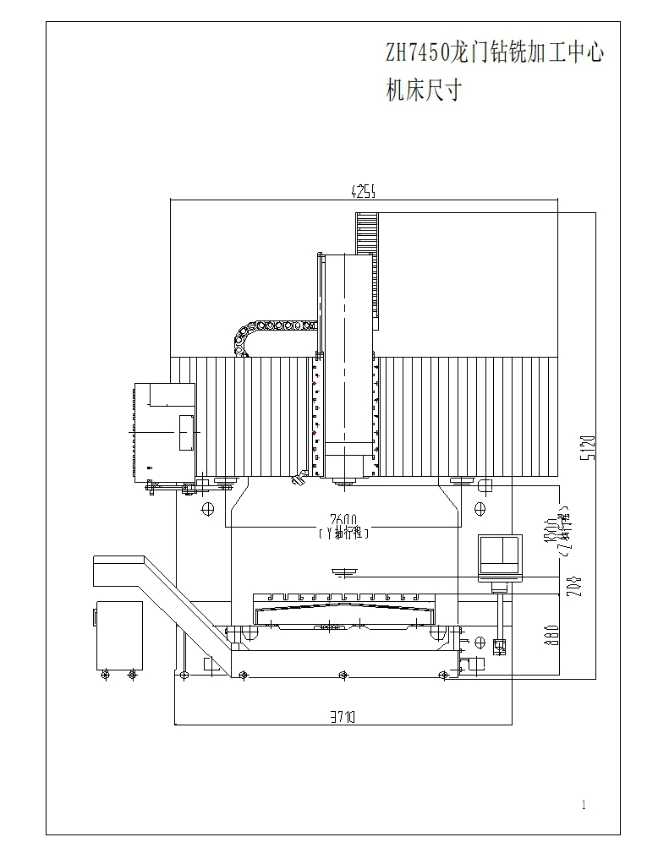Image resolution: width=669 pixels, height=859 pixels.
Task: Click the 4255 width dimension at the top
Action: click(364, 192)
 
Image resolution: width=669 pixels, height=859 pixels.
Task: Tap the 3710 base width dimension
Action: click(343, 717)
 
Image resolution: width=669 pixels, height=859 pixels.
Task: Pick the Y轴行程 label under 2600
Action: click(343, 533)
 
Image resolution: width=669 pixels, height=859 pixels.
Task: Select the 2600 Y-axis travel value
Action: click(343, 520)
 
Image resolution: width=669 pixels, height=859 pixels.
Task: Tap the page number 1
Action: click(584, 805)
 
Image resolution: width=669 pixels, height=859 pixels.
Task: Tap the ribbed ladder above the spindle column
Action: click(366, 233)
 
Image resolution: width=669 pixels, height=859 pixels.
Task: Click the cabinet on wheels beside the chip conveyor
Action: click(118, 634)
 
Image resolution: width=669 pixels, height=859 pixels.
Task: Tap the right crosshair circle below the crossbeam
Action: click(480, 508)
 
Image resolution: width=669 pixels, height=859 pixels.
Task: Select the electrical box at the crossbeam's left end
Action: click(165, 431)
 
